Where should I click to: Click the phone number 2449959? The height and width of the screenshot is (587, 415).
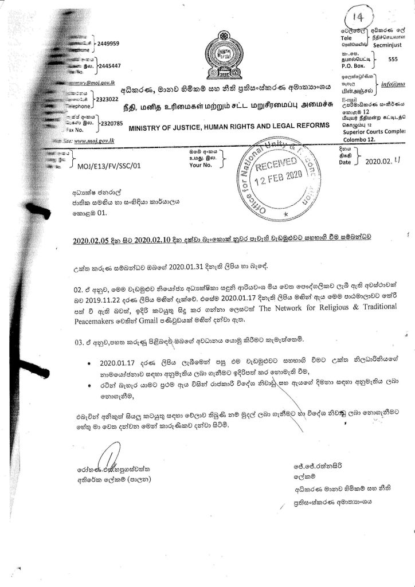108,43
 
